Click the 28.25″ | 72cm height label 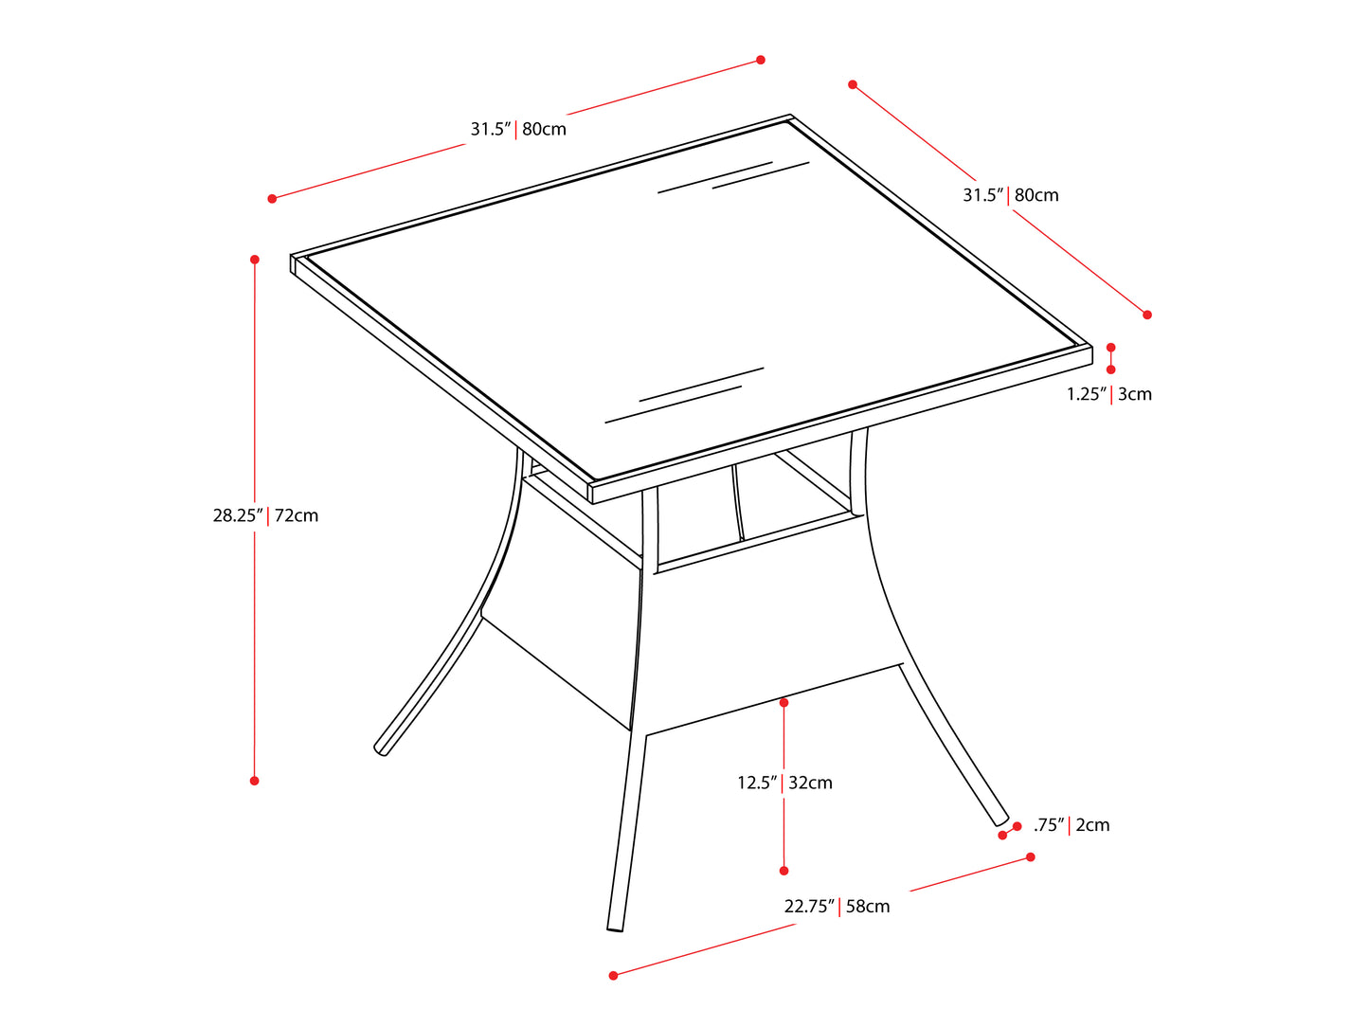click(x=265, y=516)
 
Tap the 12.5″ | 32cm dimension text click(x=784, y=783)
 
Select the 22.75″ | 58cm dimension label click(x=837, y=907)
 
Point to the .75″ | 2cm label click(x=1072, y=825)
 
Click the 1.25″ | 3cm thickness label click(x=1109, y=394)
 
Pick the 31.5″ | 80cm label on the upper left click(x=518, y=129)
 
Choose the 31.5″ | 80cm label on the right click(x=1011, y=195)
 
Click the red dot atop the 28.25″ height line click(x=255, y=259)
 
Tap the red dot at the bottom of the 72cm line click(x=255, y=781)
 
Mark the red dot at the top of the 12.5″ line click(x=784, y=703)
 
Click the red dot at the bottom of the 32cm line click(x=784, y=871)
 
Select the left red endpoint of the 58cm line click(x=614, y=975)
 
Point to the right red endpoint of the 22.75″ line click(x=1031, y=857)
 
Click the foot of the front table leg click(x=615, y=928)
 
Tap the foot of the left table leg click(x=381, y=750)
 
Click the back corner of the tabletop click(x=790, y=117)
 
